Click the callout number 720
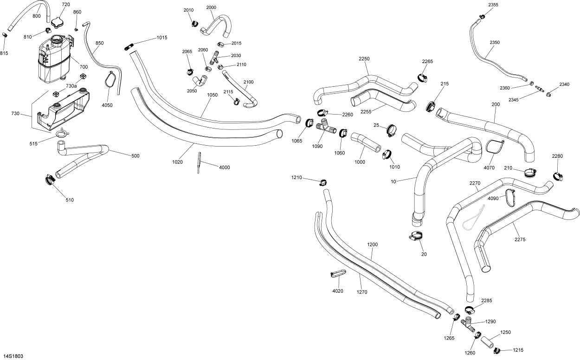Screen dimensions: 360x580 coord(65,5)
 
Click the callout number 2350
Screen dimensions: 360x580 coord(495,43)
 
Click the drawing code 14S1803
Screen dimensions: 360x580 coord(12,356)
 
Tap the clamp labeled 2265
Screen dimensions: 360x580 coord(422,77)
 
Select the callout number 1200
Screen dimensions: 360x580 coord(373,244)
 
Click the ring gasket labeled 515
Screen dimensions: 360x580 coord(62,135)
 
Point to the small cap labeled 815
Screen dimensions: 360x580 coord(5,35)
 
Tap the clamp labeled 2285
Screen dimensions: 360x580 coord(470,310)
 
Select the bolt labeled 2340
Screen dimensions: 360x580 coord(549,95)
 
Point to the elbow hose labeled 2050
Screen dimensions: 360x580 coord(201,81)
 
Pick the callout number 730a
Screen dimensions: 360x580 coord(71,86)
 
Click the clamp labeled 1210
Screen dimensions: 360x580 coord(322,182)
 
